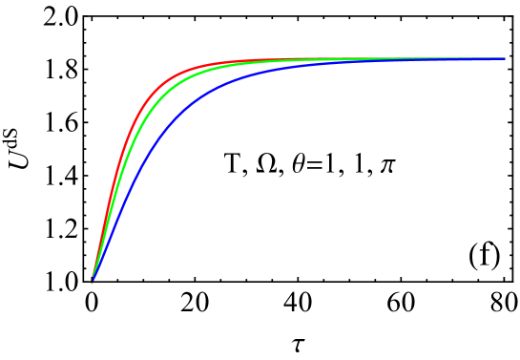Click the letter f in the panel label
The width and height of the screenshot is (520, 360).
tap(485, 254)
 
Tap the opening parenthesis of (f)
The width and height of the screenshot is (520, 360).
tap(473, 255)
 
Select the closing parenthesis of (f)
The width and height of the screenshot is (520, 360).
tap(496, 255)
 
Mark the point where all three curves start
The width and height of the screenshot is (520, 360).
tap(92, 281)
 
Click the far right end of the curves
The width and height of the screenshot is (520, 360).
tap(504, 59)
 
